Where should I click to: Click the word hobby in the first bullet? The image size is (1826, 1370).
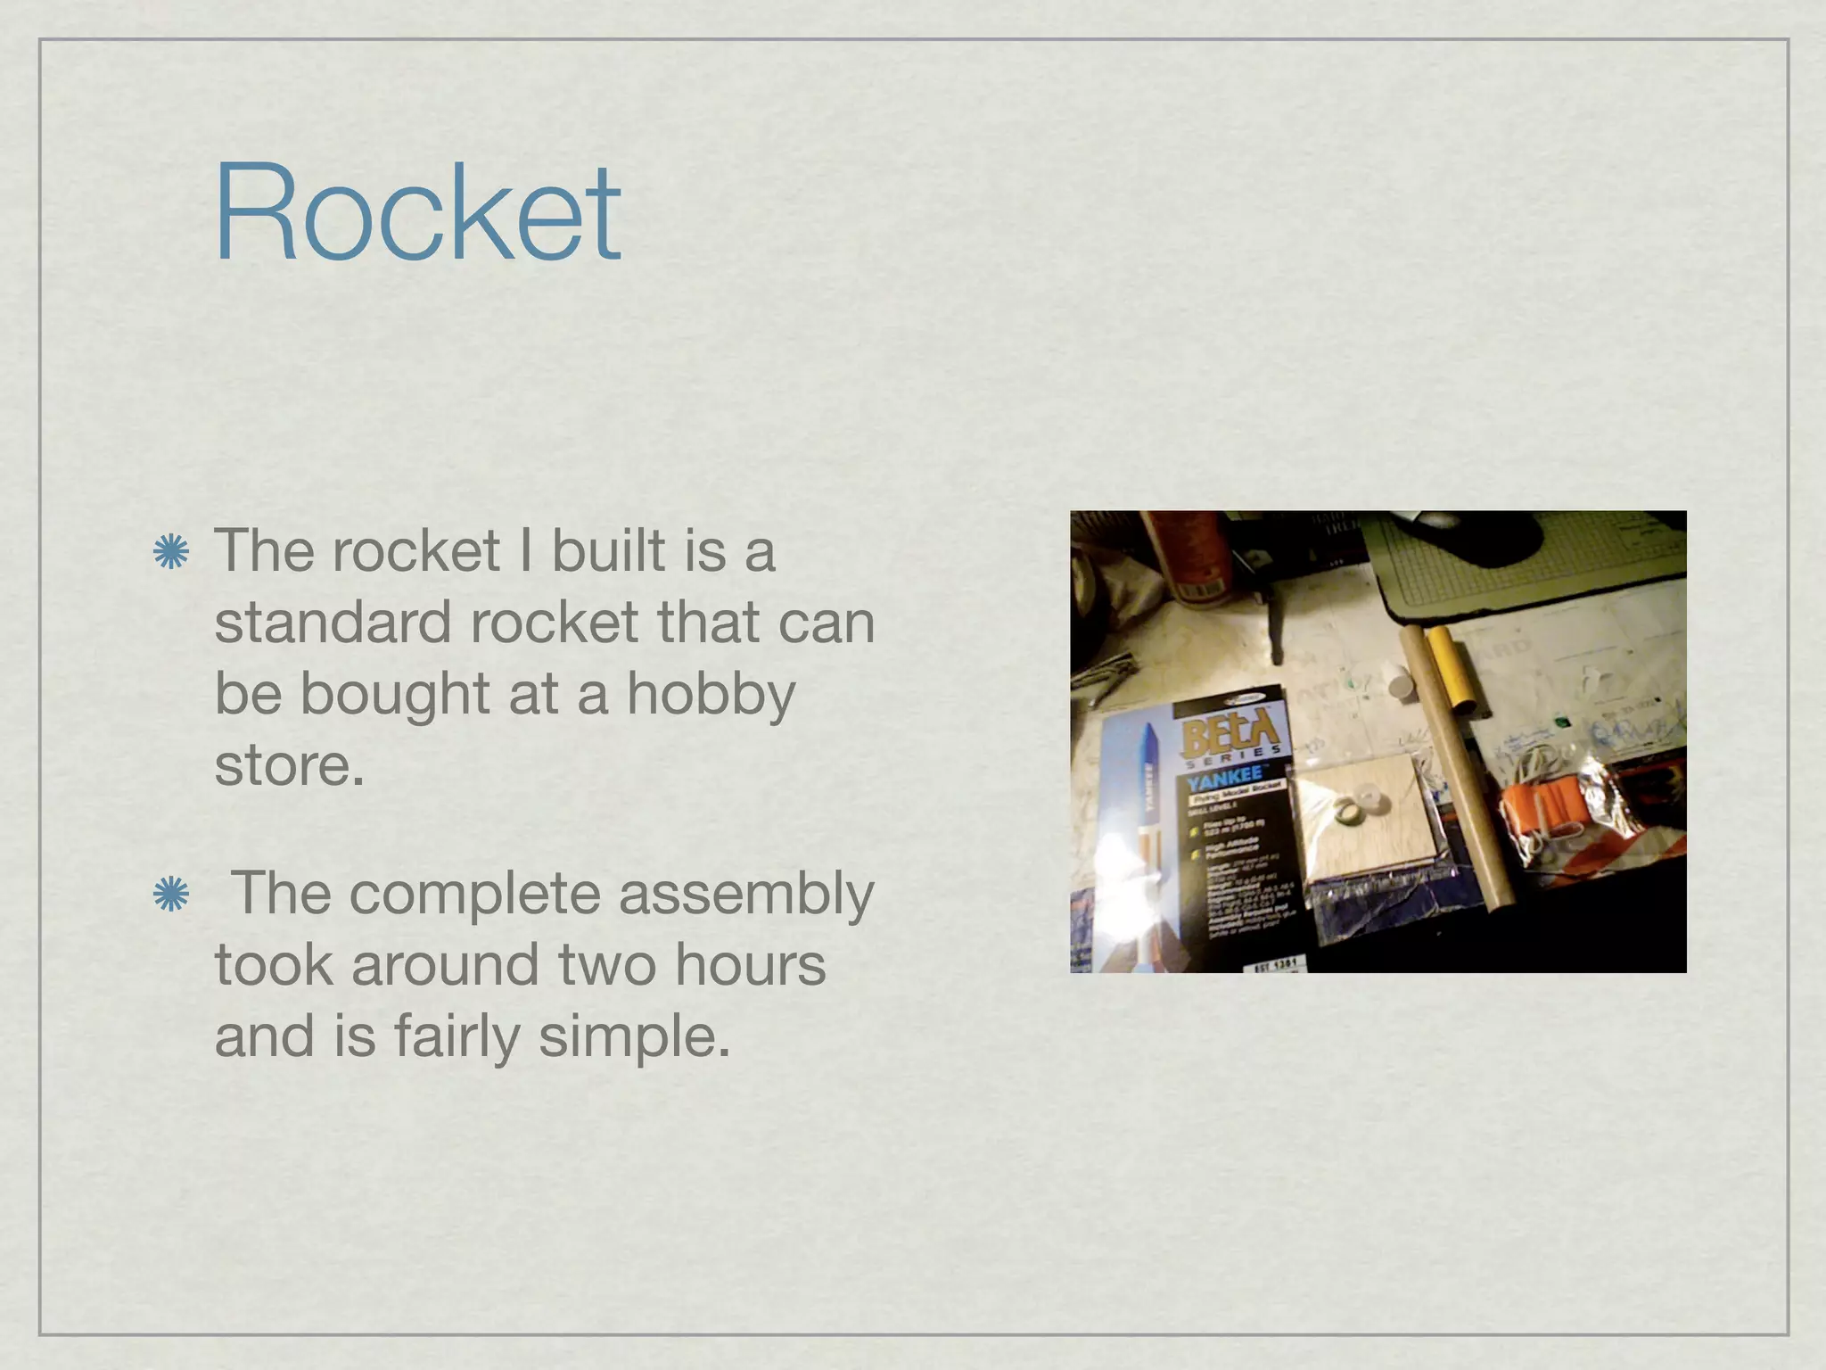tap(711, 696)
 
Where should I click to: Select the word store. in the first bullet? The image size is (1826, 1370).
tap(289, 765)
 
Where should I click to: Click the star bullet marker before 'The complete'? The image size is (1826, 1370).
tap(169, 895)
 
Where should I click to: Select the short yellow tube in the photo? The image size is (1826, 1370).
tap(1454, 671)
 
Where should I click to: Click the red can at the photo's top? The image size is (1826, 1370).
tap(1186, 553)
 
